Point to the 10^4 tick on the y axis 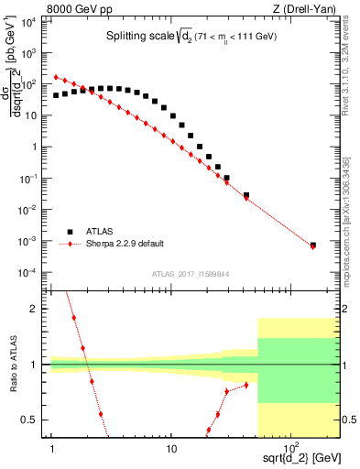27,21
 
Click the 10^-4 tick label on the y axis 27,273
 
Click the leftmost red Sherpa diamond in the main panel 56,78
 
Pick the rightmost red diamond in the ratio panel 246,385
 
